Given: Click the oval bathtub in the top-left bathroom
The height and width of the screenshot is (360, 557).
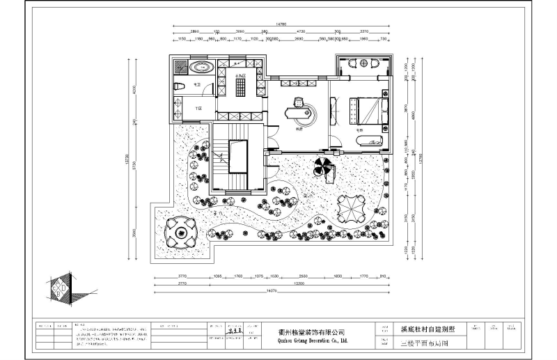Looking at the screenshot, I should [x=201, y=68].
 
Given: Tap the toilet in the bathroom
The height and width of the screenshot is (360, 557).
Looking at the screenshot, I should [x=179, y=85].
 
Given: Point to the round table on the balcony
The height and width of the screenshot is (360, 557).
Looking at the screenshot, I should [x=361, y=65].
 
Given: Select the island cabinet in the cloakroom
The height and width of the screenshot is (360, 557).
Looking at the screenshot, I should [x=240, y=86].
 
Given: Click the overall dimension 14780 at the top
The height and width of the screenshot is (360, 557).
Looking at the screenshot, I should [x=281, y=26].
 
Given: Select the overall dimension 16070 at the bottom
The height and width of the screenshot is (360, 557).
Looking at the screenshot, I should [x=281, y=290].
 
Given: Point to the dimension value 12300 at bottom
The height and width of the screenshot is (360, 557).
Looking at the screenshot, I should [x=300, y=283].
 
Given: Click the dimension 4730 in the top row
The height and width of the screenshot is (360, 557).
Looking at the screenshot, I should [x=301, y=32].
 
